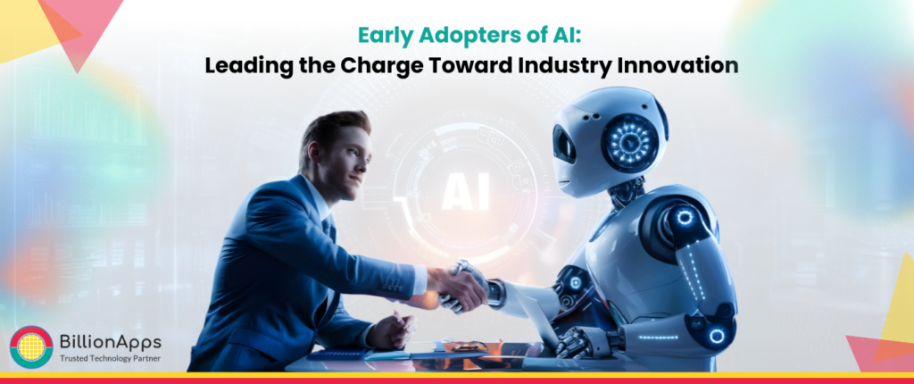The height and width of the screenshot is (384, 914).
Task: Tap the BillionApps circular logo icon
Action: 31,347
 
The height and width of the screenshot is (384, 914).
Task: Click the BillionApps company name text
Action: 112,340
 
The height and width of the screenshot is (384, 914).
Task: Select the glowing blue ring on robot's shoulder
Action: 685,218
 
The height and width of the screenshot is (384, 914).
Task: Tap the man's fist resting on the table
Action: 389,331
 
